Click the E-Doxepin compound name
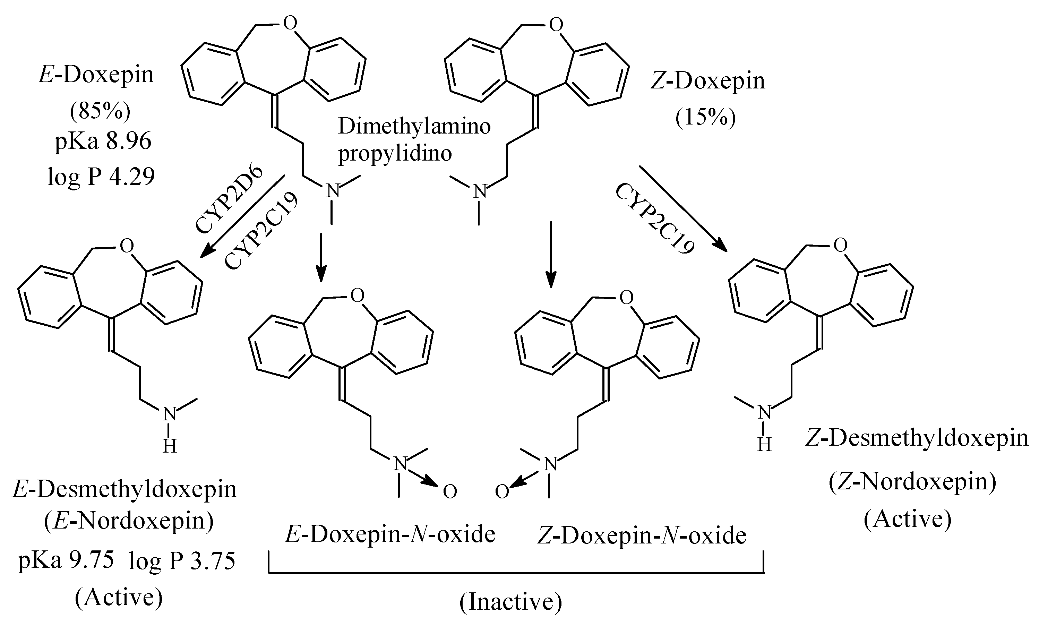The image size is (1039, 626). tap(96, 75)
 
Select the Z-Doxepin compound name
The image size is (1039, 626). tap(707, 81)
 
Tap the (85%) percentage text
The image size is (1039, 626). tap(100, 111)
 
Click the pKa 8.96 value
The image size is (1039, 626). tap(103, 142)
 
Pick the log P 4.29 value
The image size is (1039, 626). tap(101, 176)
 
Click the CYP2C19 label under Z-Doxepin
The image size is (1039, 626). tap(654, 219)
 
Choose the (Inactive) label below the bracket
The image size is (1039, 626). tap(510, 603)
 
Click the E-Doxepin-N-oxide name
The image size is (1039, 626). tap(390, 535)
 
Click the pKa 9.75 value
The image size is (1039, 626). tap(66, 561)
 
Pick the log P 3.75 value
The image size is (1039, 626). tap(182, 561)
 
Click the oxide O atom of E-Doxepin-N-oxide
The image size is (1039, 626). tap(450, 492)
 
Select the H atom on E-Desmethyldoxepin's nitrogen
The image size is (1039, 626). tap(170, 446)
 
